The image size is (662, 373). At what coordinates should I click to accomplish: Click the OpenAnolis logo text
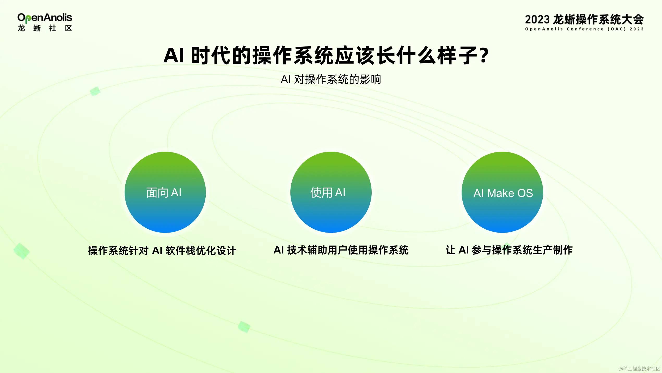45,18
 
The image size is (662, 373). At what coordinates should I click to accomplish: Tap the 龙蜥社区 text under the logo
45,28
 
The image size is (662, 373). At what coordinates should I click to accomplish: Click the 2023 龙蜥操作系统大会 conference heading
584,20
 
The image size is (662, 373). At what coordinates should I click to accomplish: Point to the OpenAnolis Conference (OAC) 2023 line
584,29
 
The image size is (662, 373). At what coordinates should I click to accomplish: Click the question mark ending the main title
484,55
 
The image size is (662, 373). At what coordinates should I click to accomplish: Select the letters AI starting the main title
174,55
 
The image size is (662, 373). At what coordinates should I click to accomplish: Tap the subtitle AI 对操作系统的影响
331,79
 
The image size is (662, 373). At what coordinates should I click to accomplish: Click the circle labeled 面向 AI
165,192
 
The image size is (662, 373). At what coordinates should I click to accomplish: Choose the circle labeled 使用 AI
331,192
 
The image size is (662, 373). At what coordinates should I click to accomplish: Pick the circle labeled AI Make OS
502,192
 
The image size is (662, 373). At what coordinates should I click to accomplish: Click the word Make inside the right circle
500,193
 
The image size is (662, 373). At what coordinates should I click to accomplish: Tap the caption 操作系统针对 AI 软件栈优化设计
162,251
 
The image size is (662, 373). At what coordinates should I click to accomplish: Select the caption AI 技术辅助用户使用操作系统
341,250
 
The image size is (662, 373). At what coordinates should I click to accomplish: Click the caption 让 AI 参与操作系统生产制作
509,250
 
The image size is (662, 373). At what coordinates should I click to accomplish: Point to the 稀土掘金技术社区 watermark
639,369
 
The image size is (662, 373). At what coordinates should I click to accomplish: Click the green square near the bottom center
244,327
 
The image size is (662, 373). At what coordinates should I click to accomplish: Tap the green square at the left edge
22,251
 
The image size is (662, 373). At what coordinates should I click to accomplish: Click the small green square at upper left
95,91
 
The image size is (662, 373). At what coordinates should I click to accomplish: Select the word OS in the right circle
525,193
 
